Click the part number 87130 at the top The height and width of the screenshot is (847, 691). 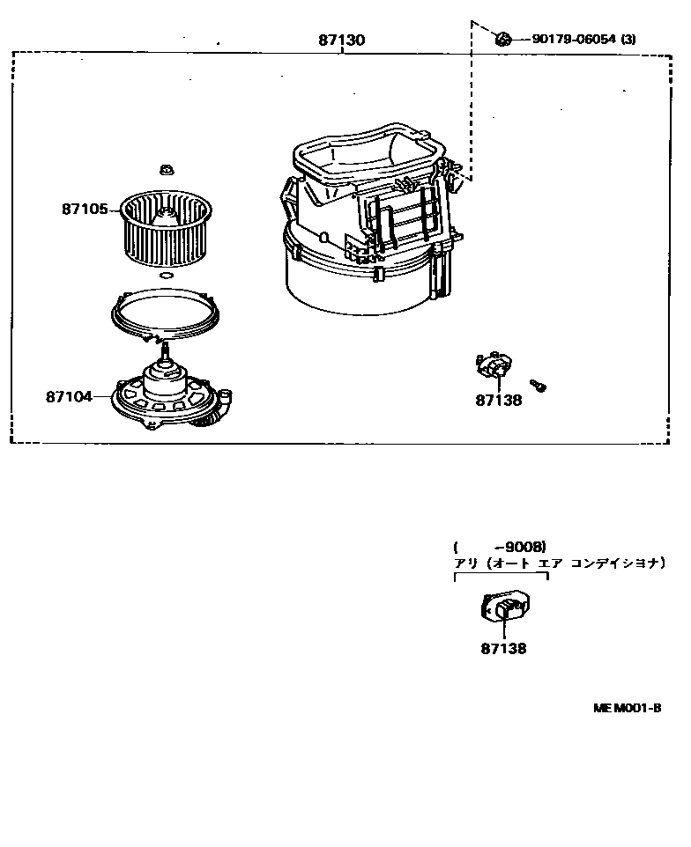coord(341,40)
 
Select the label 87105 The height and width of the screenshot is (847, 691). coord(85,209)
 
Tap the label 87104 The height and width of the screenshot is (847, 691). coord(69,397)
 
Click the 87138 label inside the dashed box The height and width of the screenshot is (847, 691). coord(499,401)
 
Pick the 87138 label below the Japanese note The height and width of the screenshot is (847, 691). coord(503,648)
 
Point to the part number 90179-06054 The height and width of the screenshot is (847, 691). coord(574,39)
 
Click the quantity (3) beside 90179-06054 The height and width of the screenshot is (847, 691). coord(628,39)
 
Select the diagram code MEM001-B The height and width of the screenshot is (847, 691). coord(627,708)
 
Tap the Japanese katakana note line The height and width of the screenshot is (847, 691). coord(559,563)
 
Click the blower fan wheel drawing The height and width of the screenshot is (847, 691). coord(166,229)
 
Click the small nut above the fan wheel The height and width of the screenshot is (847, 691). coord(166,170)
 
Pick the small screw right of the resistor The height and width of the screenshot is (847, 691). coord(538,385)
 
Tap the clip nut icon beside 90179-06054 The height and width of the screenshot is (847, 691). coord(503,39)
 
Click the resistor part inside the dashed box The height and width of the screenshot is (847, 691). coord(494,365)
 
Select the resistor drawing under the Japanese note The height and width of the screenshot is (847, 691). coord(505,607)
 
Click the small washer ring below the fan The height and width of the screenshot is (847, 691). coord(167,276)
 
